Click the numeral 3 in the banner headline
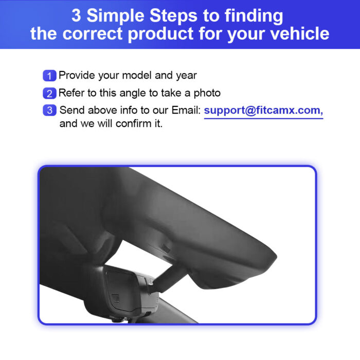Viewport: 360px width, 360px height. (76, 15)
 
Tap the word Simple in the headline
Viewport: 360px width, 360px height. (116, 16)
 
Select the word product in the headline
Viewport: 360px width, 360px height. (160, 34)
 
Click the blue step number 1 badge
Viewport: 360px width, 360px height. (49, 76)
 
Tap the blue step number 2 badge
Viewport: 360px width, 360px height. (49, 93)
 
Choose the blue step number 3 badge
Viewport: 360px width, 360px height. (49, 110)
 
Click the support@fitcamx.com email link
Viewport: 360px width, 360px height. (263, 111)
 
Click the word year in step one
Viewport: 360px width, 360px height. (186, 76)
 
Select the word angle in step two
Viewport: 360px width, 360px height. (133, 94)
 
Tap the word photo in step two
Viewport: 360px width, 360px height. (207, 94)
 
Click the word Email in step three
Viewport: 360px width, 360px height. (186, 110)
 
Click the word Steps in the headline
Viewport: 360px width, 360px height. (173, 16)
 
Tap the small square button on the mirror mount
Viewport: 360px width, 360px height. (115, 298)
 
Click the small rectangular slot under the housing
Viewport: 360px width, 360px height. (166, 248)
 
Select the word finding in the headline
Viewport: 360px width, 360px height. (254, 16)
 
